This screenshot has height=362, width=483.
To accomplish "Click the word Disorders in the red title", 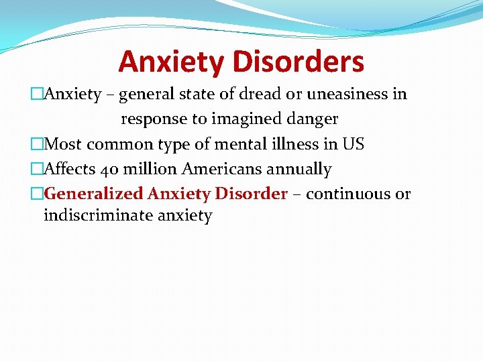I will tap(299, 62).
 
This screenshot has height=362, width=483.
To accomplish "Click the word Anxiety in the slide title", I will tap(172, 62).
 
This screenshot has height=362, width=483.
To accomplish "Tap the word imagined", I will tap(243, 119).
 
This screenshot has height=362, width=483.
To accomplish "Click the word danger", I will tap(313, 119).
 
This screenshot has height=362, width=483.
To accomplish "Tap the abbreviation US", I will tap(353, 143).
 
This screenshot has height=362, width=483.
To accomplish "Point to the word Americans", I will tap(217, 169).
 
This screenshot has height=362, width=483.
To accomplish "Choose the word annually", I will tap(296, 169).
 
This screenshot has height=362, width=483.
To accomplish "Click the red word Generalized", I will tap(93, 194).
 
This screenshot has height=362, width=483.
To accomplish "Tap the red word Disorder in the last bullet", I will tap(251, 194).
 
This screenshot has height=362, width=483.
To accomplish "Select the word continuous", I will tap(349, 194).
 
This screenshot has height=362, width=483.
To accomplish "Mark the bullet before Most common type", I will tap(38, 143).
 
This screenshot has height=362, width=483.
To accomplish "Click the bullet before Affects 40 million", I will tap(38, 169).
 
